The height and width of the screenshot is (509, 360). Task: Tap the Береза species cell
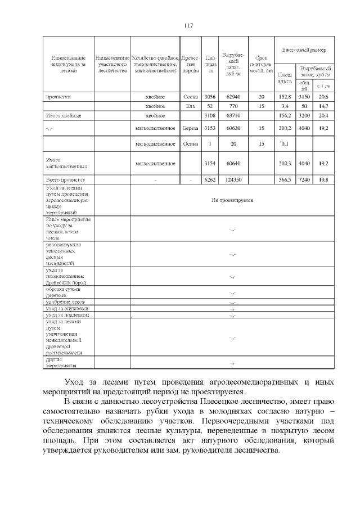click(x=190, y=128)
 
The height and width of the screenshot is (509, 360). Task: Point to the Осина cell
click(x=190, y=144)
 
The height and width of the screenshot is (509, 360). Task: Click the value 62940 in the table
click(x=233, y=97)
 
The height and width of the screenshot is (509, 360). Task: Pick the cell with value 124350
click(x=233, y=179)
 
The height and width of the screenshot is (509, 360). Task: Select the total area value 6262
click(x=210, y=179)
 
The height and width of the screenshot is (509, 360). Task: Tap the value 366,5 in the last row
click(x=285, y=179)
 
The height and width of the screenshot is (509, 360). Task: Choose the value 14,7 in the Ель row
click(x=323, y=106)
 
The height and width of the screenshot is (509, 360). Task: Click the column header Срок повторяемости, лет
click(x=261, y=64)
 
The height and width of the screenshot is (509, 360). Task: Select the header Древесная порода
click(x=190, y=64)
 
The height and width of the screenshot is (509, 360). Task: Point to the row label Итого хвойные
click(x=63, y=115)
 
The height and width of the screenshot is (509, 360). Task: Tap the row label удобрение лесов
click(x=65, y=302)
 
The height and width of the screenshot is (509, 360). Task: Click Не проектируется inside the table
click(x=232, y=200)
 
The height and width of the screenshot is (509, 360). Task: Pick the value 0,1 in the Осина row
click(x=285, y=144)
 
